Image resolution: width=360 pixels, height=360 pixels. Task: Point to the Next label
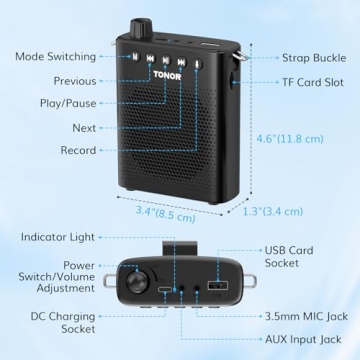(84, 128)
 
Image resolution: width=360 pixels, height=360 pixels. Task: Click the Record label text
(77, 151)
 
